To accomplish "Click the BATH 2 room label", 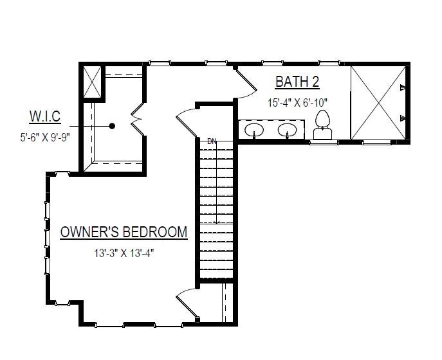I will click(x=297, y=82).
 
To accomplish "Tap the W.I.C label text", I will click(x=44, y=116).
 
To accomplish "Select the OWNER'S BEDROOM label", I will click(x=124, y=232).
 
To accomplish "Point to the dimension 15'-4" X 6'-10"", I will click(x=299, y=102).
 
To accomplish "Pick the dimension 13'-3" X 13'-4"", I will click(x=124, y=253).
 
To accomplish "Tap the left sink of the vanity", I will click(x=255, y=130).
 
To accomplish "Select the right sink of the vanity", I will click(x=287, y=130).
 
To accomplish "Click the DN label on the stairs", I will click(x=212, y=141).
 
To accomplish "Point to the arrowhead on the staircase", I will click(x=217, y=222).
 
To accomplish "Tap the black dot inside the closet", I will click(x=112, y=126).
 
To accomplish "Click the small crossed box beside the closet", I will click(x=91, y=82).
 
